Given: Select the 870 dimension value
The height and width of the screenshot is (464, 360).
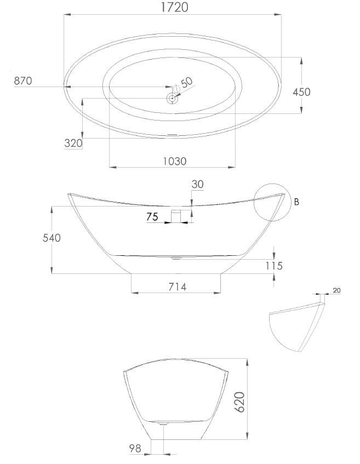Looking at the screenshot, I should tap(23, 81).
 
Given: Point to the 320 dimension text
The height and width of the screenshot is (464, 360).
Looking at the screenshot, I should tap(73, 144).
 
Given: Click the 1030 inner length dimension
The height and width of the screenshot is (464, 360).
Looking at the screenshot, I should tap(174, 161).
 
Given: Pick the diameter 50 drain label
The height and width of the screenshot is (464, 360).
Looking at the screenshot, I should tap(186, 83).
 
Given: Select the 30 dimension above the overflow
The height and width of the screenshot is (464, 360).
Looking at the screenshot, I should tap(197, 185).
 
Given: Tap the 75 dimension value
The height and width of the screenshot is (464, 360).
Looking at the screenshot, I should tap(152, 217).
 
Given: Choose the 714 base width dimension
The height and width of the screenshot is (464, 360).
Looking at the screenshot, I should tap(177, 287).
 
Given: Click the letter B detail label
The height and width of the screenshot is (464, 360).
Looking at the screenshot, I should tap(296, 202).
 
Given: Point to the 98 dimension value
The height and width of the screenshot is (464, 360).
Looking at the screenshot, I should tap(135, 448).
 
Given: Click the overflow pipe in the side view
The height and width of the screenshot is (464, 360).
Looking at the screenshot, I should tap(176, 216).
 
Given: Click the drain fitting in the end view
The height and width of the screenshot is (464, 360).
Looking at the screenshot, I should tap(162, 422).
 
